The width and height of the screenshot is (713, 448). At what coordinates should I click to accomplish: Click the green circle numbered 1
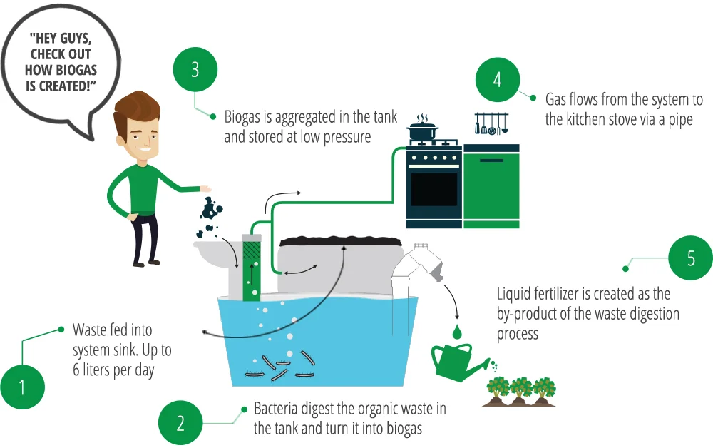click(22, 387)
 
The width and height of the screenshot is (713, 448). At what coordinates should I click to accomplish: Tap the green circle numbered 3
click(195, 71)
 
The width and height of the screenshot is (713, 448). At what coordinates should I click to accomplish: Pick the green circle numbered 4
click(497, 79)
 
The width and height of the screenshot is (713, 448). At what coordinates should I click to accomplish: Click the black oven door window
click(434, 188)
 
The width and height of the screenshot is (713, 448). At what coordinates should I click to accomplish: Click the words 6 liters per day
click(113, 372)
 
